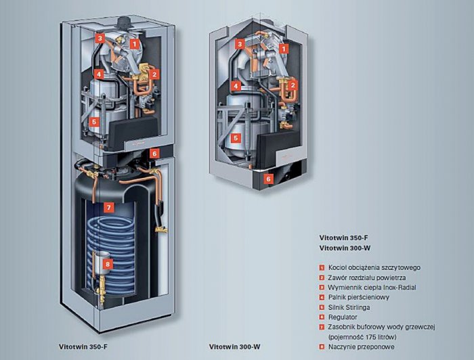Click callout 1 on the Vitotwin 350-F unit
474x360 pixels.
135,44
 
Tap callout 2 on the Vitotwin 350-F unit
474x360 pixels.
154,74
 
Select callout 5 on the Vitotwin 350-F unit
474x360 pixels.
94,122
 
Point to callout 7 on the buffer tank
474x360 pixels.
109,207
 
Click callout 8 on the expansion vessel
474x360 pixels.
108,265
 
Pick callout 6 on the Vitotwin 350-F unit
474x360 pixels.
154,154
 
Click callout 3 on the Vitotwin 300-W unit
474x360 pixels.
240,45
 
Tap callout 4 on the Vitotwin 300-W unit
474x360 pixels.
236,86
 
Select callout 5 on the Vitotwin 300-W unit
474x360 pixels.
236,138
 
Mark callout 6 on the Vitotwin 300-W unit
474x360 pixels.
268,179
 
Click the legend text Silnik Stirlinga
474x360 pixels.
349,307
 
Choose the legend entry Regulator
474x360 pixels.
343,317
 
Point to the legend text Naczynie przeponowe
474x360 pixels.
361,346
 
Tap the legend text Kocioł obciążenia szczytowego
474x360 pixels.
374,267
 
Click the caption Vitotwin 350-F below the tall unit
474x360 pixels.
83,346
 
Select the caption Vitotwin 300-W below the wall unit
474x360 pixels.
234,346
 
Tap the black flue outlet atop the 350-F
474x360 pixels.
124,22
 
